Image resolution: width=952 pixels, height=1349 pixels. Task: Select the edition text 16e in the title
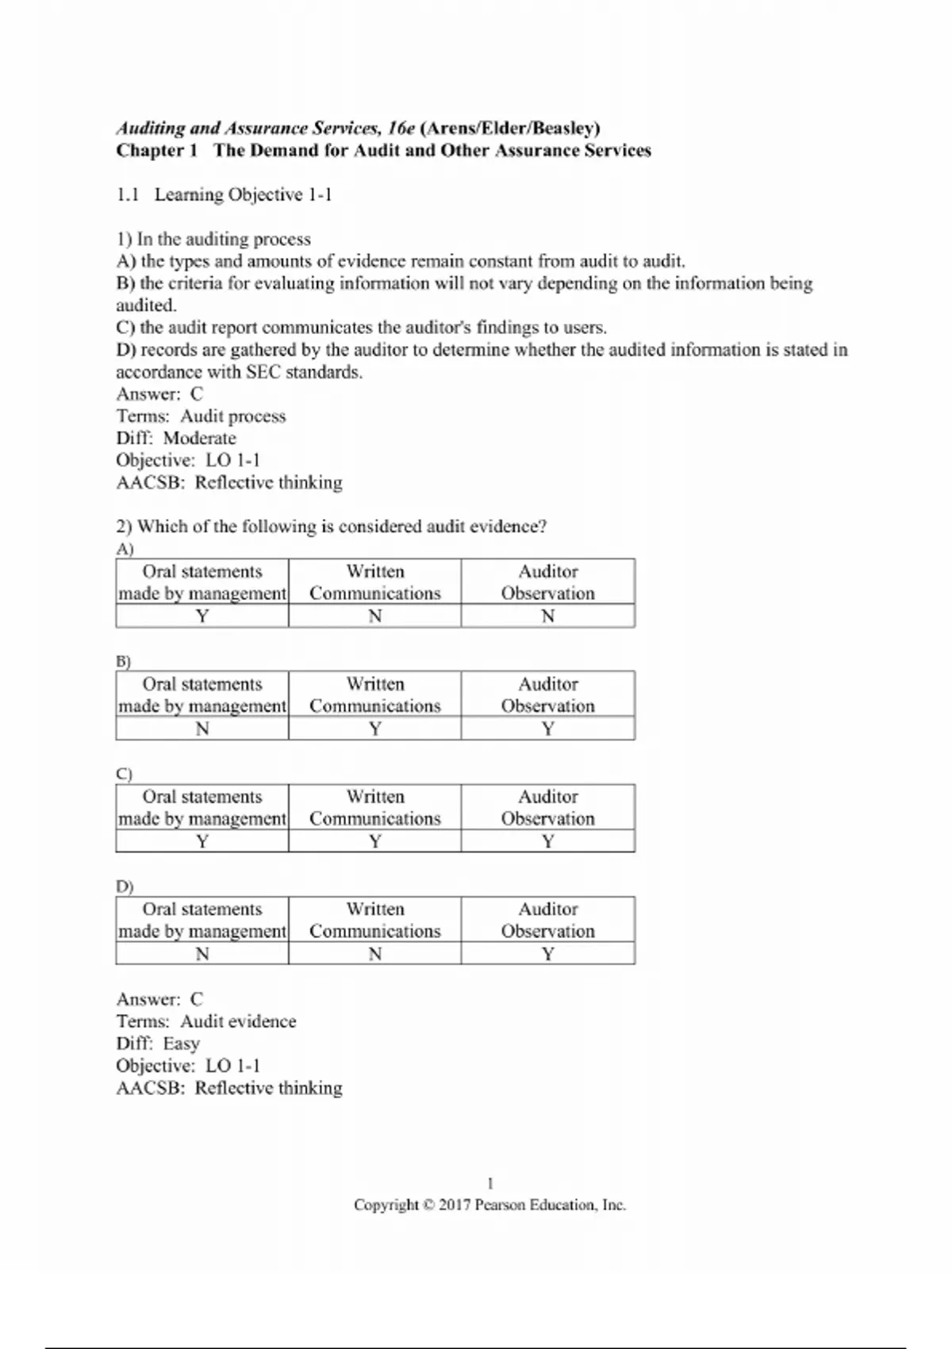pos(401,129)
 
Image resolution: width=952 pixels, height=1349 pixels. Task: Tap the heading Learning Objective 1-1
pos(243,195)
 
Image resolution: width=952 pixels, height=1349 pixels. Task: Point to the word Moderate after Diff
pos(199,439)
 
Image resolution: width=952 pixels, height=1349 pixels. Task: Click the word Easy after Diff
pos(181,1043)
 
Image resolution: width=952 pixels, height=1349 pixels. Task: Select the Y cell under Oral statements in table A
pos(202,616)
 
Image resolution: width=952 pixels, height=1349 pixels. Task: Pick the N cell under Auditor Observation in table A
pos(547,616)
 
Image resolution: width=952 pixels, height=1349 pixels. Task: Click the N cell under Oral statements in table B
pos(202,728)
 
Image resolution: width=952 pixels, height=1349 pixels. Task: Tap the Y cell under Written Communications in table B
pos(375,728)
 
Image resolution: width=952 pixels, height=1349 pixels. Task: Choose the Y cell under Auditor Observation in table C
pos(547,841)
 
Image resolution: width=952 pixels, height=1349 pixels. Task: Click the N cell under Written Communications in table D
pos(375,954)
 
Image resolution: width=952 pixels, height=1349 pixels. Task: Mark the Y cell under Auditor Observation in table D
pos(547,954)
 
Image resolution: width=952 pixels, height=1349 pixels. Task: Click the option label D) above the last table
pos(125,886)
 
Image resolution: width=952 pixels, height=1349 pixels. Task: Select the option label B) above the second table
pos(124,661)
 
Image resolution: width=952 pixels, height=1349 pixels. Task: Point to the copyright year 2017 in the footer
pos(455,1205)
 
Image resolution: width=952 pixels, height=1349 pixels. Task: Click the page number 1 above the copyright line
pos(490,1183)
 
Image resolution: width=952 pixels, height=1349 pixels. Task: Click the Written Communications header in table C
pos(375,807)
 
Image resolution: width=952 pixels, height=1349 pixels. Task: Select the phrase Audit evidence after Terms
pos(238,1021)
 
